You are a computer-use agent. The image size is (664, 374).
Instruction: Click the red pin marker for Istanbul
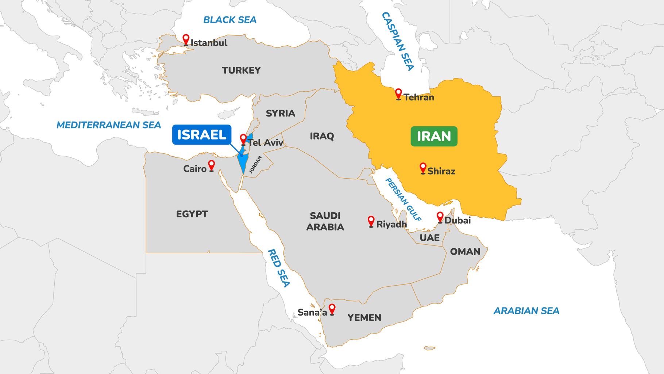tap(186, 39)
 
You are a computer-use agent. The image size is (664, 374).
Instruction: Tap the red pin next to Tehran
tap(398, 94)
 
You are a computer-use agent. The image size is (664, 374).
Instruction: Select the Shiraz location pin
tap(423, 168)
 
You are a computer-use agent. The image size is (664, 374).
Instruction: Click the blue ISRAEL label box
tap(201, 135)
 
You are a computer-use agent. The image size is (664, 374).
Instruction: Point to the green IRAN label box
tap(434, 136)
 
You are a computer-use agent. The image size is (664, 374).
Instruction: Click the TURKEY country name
tap(241, 70)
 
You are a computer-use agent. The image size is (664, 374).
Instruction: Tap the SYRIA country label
tap(280, 113)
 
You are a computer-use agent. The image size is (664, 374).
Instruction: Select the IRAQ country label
tap(322, 136)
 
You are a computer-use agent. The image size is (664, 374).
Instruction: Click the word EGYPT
tap(192, 214)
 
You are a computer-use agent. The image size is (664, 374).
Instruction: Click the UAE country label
tap(429, 238)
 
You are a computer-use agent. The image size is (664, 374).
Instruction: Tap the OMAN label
tap(465, 251)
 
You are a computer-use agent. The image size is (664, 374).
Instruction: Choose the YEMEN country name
tap(364, 317)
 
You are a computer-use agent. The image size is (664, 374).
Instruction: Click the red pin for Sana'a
tap(332, 309)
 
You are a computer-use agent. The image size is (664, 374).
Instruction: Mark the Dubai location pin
tap(440, 217)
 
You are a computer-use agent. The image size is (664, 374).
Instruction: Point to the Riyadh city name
tap(391, 224)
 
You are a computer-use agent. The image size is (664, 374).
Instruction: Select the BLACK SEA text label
tap(229, 20)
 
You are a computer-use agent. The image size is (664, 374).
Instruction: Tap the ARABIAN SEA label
tap(526, 311)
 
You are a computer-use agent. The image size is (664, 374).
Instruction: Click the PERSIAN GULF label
tap(404, 200)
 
